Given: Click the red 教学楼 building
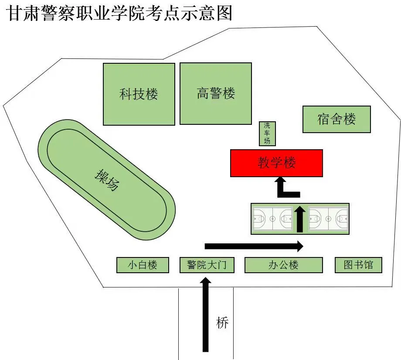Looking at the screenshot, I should coord(276,163).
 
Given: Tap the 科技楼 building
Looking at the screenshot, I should coord(139,94).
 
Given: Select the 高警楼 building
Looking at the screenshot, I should coord(216,93).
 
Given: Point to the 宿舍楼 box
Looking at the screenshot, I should coord(336,119).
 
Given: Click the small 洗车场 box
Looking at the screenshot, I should coord(267,133).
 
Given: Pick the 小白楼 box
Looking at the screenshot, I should coord(142,265).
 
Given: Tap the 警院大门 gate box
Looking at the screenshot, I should coord(207,265).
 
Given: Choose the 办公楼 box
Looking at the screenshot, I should coord(283,265).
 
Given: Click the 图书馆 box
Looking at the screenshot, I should coord(358,265).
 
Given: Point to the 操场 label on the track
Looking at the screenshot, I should coord(107,180).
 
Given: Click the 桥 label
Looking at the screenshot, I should coord(222,323).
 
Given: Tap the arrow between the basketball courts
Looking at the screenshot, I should coord(300,219).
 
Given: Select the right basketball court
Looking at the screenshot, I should coord(328,218).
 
